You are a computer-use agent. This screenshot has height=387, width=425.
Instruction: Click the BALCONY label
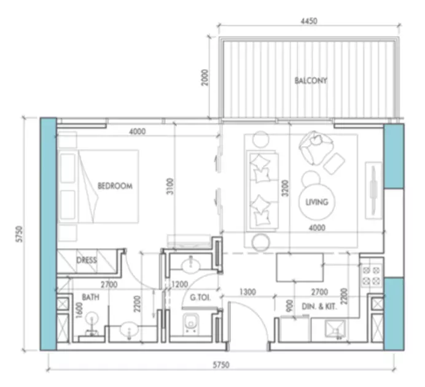(x=311, y=80)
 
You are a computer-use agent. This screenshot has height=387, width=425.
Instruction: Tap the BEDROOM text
(x=115, y=186)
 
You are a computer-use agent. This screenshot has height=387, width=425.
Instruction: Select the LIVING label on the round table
(x=317, y=202)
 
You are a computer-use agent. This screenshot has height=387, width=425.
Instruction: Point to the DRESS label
(x=87, y=260)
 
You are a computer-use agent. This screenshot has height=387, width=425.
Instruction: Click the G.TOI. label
(x=200, y=297)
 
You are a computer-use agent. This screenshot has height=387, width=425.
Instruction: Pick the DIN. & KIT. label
(x=319, y=307)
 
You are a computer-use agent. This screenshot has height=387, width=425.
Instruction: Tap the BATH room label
(x=90, y=297)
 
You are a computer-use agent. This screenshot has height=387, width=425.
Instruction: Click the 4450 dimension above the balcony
(x=309, y=21)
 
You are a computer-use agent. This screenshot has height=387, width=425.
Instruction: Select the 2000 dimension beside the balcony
(x=205, y=77)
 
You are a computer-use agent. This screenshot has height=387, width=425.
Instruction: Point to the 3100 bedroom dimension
(x=170, y=186)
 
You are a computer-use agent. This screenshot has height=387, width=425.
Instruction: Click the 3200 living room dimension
(x=285, y=189)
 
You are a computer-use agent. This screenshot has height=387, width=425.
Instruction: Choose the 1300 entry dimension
(x=248, y=292)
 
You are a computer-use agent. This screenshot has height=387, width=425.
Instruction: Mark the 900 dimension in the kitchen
(x=290, y=306)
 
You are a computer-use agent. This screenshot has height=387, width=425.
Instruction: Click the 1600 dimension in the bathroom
(x=79, y=311)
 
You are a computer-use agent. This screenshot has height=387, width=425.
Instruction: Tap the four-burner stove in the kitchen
(x=371, y=275)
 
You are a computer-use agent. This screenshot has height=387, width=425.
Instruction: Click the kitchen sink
(x=335, y=329)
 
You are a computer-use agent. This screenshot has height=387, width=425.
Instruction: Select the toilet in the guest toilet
(x=191, y=323)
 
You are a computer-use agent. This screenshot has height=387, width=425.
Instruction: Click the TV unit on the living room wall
(x=373, y=190)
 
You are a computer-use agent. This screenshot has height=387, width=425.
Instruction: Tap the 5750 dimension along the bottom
(x=221, y=365)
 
